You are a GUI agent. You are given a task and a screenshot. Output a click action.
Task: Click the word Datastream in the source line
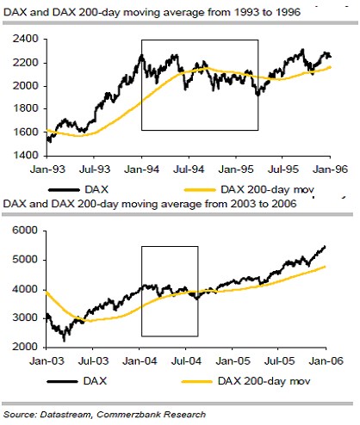pos(71,414)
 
